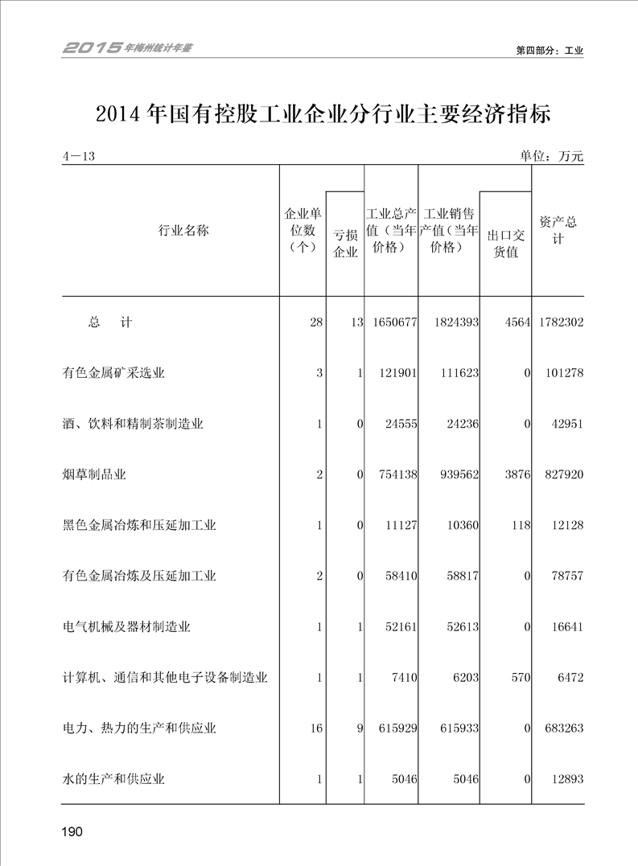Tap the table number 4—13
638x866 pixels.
[x=79, y=156]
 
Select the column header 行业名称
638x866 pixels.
[x=183, y=232]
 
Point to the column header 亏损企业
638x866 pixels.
[x=345, y=243]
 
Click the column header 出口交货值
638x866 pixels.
[x=505, y=243]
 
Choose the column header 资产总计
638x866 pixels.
[x=558, y=231]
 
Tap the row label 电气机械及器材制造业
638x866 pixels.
[x=126, y=626]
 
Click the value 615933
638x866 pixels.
[x=455, y=729]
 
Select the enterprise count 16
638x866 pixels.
[x=316, y=729]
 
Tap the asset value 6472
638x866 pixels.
[x=569, y=678]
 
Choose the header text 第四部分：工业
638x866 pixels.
[x=549, y=50]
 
